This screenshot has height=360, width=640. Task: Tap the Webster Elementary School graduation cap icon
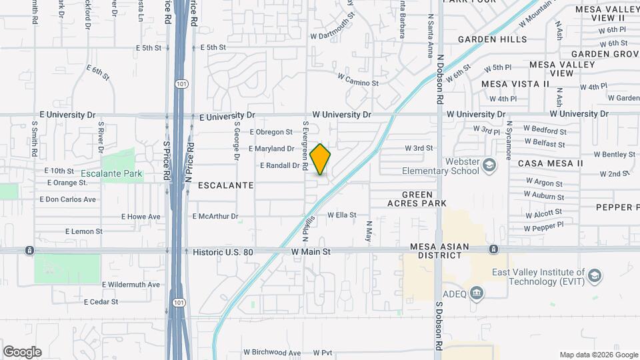tap(489, 164)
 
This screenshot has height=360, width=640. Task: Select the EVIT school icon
tap(595, 275)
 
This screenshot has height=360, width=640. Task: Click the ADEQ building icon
tap(476, 292)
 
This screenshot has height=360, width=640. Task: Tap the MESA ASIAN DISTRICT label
tap(440, 251)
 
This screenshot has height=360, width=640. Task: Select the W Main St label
tap(311, 252)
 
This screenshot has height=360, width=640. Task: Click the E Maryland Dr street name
tap(271, 149)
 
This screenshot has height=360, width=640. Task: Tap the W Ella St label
tap(341, 215)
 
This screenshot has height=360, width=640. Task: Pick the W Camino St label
tap(357, 83)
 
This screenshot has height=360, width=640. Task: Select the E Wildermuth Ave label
tap(131, 285)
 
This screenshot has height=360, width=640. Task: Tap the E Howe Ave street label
tap(141, 217)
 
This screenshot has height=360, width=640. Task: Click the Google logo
tap(22, 352)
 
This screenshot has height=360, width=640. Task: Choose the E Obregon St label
tap(271, 132)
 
